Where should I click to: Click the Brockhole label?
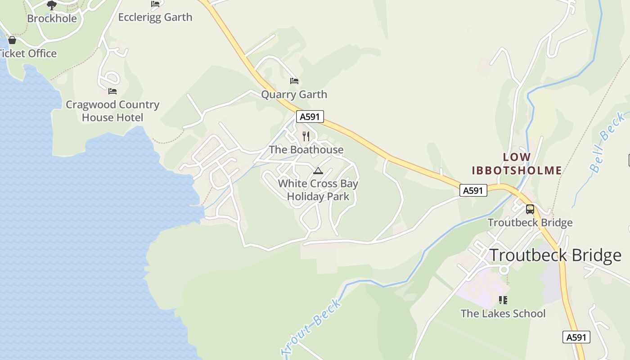click(x=52, y=18)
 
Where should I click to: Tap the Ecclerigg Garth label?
click(x=155, y=17)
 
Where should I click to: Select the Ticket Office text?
click(x=28, y=54)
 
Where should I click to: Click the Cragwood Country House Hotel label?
click(x=112, y=111)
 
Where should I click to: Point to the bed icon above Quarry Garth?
click(x=294, y=81)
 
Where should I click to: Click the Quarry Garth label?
click(x=294, y=94)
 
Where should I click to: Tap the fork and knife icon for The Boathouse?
click(x=306, y=136)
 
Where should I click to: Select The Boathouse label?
click(x=306, y=149)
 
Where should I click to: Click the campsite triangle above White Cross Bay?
click(x=318, y=171)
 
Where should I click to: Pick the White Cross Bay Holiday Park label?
click(x=318, y=190)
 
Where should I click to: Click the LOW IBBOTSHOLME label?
click(x=517, y=164)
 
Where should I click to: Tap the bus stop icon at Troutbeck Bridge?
click(x=530, y=209)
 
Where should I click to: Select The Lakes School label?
click(x=503, y=314)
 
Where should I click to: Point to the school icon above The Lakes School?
click(x=503, y=300)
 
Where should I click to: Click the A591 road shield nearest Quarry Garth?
click(x=310, y=117)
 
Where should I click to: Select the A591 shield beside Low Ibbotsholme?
click(x=473, y=191)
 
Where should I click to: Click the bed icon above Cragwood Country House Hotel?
click(x=112, y=91)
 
